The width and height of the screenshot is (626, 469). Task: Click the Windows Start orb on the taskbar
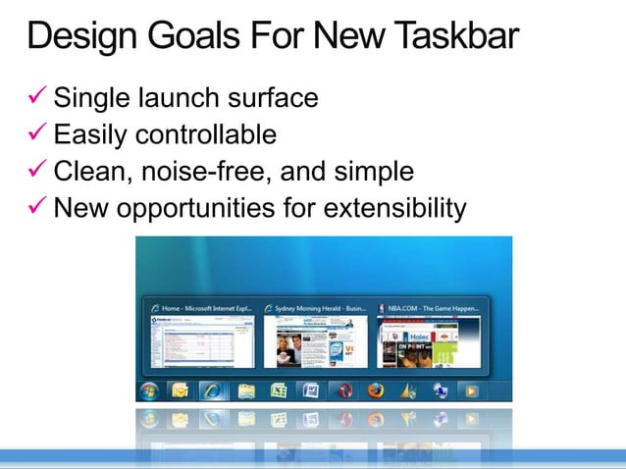(x=150, y=391)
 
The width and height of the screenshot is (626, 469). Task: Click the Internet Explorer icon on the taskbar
(x=213, y=391)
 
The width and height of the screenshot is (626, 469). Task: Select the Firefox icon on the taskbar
(x=375, y=391)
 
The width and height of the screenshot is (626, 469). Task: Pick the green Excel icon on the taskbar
(x=278, y=391)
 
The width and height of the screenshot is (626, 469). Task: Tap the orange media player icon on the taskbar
(x=472, y=391)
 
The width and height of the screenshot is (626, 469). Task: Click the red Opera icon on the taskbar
(x=343, y=391)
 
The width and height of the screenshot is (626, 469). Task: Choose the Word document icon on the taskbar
(x=310, y=391)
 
